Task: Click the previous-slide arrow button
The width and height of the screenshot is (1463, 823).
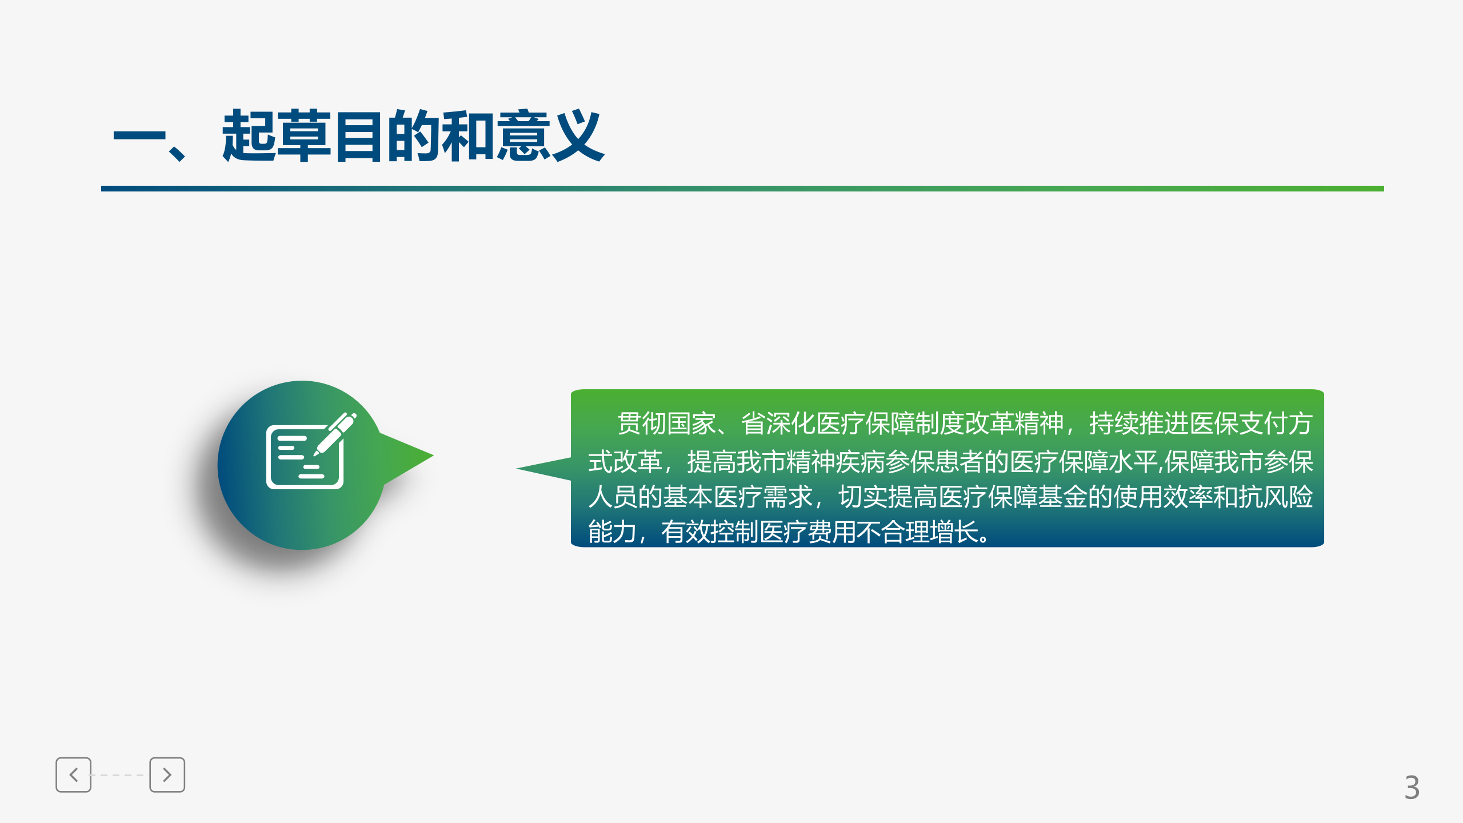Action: [73, 775]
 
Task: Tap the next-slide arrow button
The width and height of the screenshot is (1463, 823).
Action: [167, 775]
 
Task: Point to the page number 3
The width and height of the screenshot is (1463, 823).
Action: [1412, 788]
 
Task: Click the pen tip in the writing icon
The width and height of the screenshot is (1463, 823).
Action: [316, 454]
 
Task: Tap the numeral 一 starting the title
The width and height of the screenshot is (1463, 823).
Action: [139, 137]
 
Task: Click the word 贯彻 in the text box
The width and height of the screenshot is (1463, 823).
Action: [641, 424]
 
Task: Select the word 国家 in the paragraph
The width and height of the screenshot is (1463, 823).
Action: [691, 424]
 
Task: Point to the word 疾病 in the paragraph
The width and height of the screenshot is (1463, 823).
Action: [860, 462]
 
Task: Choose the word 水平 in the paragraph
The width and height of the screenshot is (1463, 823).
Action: [1133, 462]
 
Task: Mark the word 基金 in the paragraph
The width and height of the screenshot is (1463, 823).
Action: [1062, 497]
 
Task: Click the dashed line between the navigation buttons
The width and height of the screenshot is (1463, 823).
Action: [120, 775]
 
